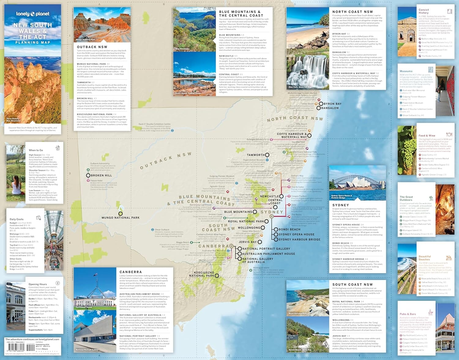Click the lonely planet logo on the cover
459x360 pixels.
coord(33,14)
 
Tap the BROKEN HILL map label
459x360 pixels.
coord(101,175)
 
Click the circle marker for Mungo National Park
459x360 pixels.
coord(121,214)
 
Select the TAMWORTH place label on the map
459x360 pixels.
coord(256,155)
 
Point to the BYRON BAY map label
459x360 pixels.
coord(332,104)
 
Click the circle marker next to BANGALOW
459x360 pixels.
coord(319,108)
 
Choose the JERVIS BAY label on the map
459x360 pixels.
coord(248,242)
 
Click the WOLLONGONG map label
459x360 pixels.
coord(249,228)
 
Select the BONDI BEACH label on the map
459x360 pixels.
coord(289,229)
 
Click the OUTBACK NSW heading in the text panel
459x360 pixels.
coord(92,47)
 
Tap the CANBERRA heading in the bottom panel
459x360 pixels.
coord(131,272)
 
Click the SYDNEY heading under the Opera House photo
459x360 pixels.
coord(341,205)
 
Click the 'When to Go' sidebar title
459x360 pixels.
coord(36,150)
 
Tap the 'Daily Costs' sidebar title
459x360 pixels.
coord(17,219)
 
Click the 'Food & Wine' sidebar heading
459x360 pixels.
coord(427,135)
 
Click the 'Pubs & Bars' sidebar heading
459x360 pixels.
coord(408,314)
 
